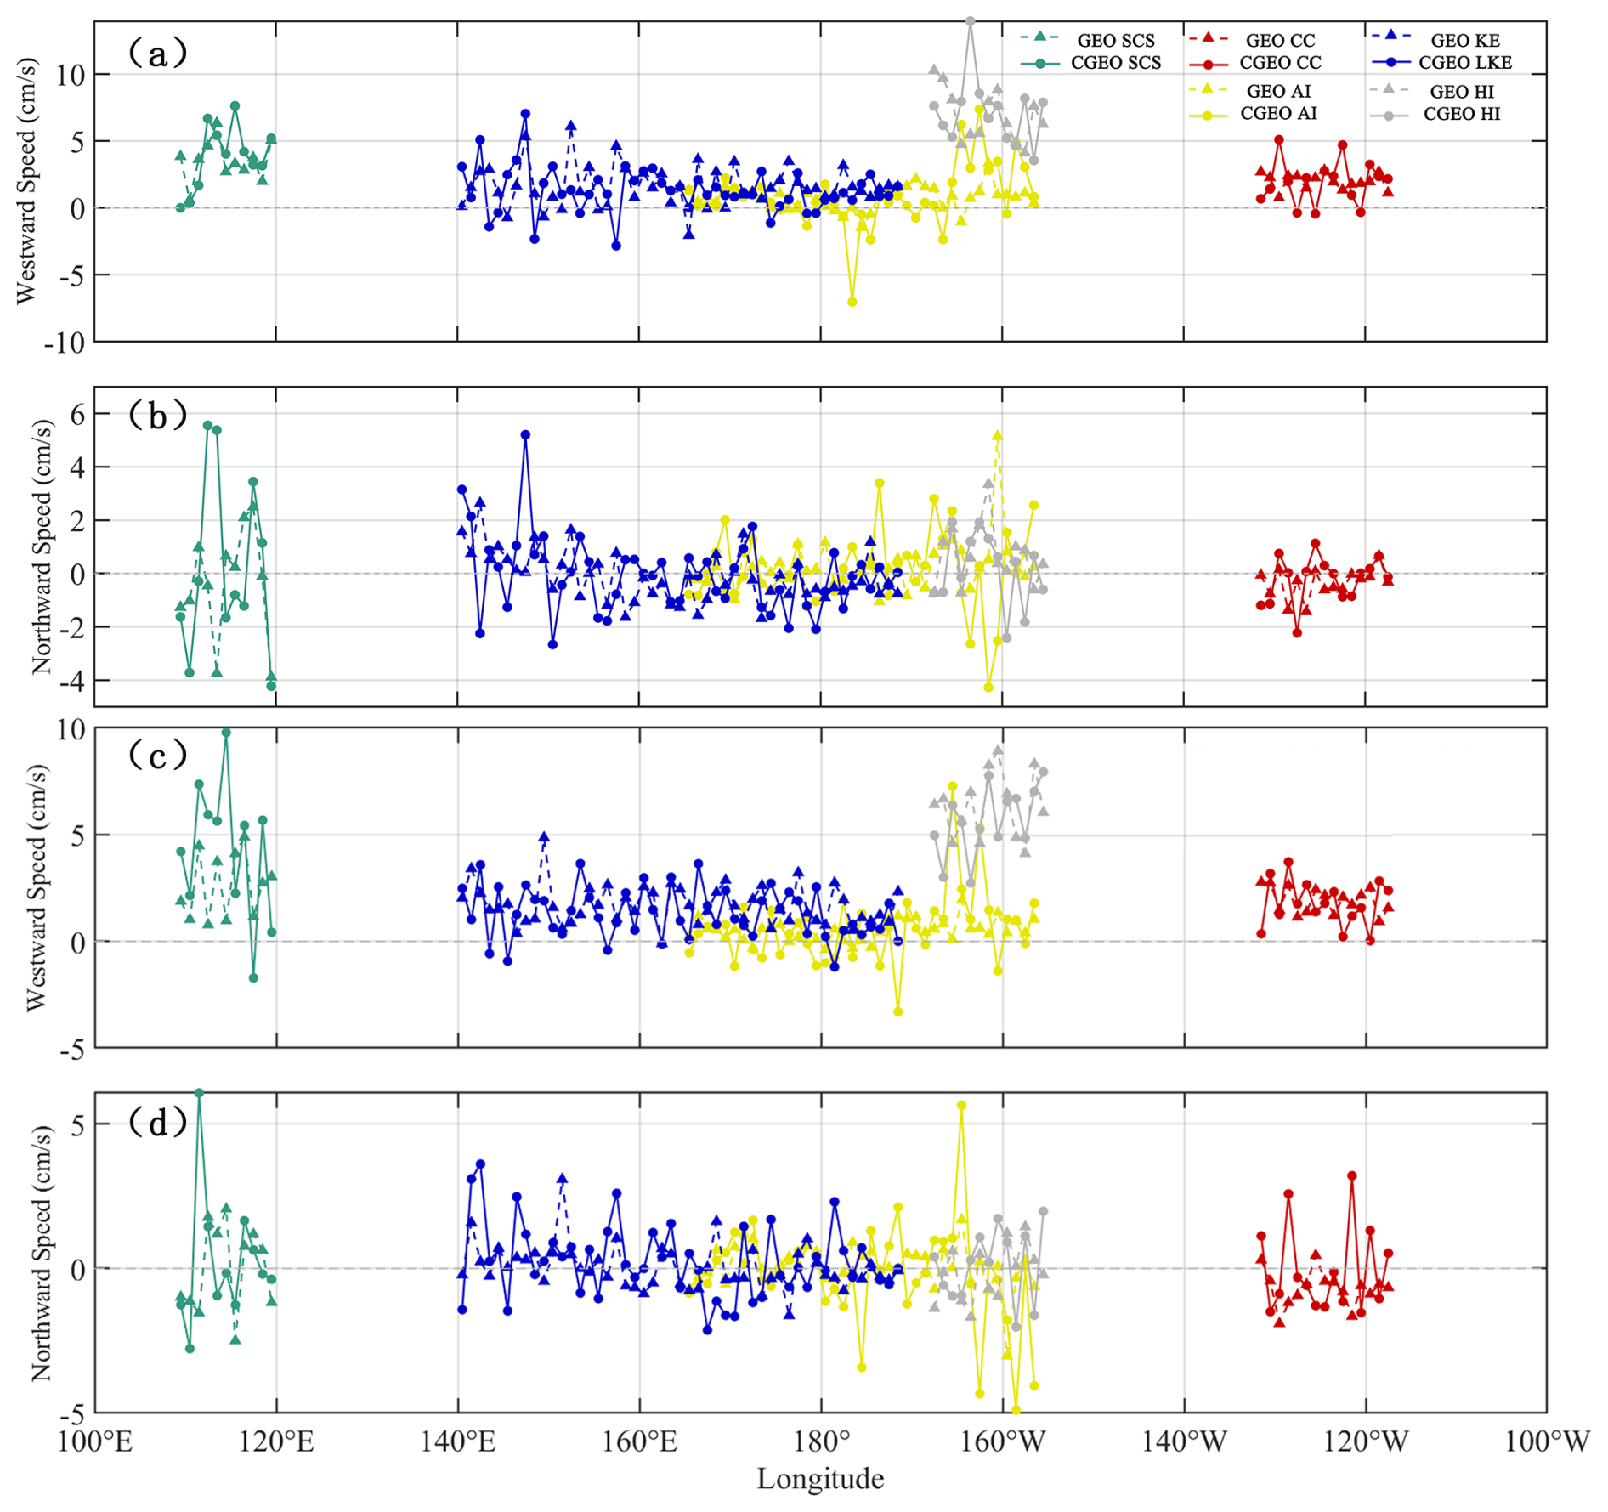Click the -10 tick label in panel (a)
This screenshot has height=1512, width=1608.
point(67,343)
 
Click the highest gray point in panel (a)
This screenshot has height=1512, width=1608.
point(970,21)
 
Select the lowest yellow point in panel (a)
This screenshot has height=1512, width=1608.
point(852,302)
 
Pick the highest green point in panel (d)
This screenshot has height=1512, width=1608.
point(199,1093)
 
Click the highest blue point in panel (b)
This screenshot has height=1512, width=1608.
point(525,434)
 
